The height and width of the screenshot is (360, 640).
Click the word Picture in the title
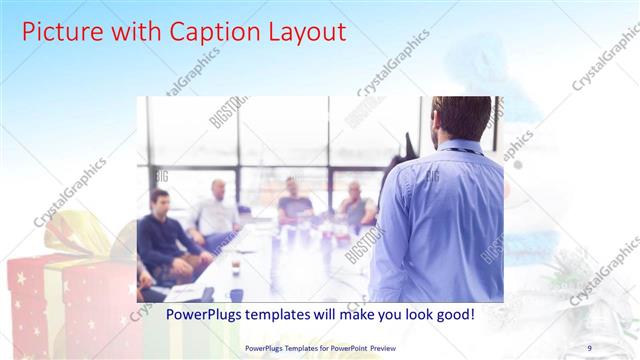coord(60,32)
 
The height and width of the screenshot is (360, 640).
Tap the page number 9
coord(589,347)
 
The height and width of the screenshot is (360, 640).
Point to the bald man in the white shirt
coord(217,212)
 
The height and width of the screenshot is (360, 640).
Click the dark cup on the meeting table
coord(236,295)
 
